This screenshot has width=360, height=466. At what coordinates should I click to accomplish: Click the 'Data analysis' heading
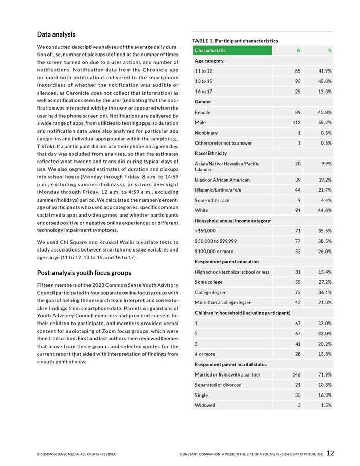(x=56, y=34)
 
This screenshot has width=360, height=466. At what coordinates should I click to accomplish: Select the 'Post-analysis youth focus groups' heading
(x=84, y=273)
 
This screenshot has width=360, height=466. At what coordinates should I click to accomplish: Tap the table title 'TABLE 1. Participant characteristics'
(x=235, y=41)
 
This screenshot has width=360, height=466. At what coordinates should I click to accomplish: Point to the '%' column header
(x=329, y=50)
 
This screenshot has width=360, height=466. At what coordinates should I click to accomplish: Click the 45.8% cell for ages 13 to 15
(x=325, y=81)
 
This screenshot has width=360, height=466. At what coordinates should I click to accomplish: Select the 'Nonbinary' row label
(x=206, y=133)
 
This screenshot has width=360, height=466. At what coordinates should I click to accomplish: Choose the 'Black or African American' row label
(x=222, y=180)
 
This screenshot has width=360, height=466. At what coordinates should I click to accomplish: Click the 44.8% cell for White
(x=325, y=210)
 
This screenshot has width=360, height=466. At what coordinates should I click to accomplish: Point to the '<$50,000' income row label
(x=206, y=231)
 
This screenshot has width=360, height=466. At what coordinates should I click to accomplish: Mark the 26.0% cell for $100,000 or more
(x=325, y=252)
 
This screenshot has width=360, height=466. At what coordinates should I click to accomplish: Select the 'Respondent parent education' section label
(x=227, y=262)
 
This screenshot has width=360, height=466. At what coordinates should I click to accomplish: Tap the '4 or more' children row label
(x=206, y=354)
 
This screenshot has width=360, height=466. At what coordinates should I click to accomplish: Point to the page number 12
(x=330, y=453)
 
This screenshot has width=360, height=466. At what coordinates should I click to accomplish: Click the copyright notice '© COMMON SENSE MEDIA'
(x=77, y=455)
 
